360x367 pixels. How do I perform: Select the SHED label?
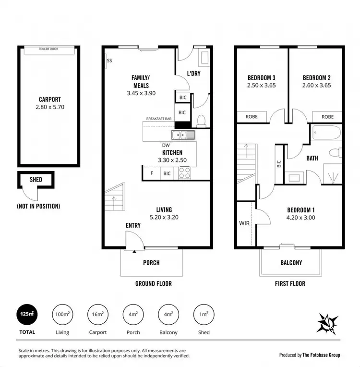click(x=36, y=180)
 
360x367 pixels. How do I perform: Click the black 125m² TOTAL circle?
click(x=27, y=314)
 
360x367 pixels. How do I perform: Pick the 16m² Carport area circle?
click(x=97, y=314)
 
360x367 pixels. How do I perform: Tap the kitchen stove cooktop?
click(x=184, y=172)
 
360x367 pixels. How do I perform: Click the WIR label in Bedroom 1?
click(x=245, y=223)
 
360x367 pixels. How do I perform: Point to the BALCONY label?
click(x=291, y=263)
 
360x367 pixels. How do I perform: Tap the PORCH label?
click(x=151, y=263)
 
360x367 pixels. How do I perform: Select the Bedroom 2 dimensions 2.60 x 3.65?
click(x=316, y=86)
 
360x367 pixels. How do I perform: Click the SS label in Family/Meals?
click(x=109, y=61)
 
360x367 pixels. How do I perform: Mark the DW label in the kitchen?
click(x=166, y=145)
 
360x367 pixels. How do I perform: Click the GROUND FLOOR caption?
click(x=153, y=283)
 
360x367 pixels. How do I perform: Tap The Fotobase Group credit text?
click(x=321, y=355)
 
